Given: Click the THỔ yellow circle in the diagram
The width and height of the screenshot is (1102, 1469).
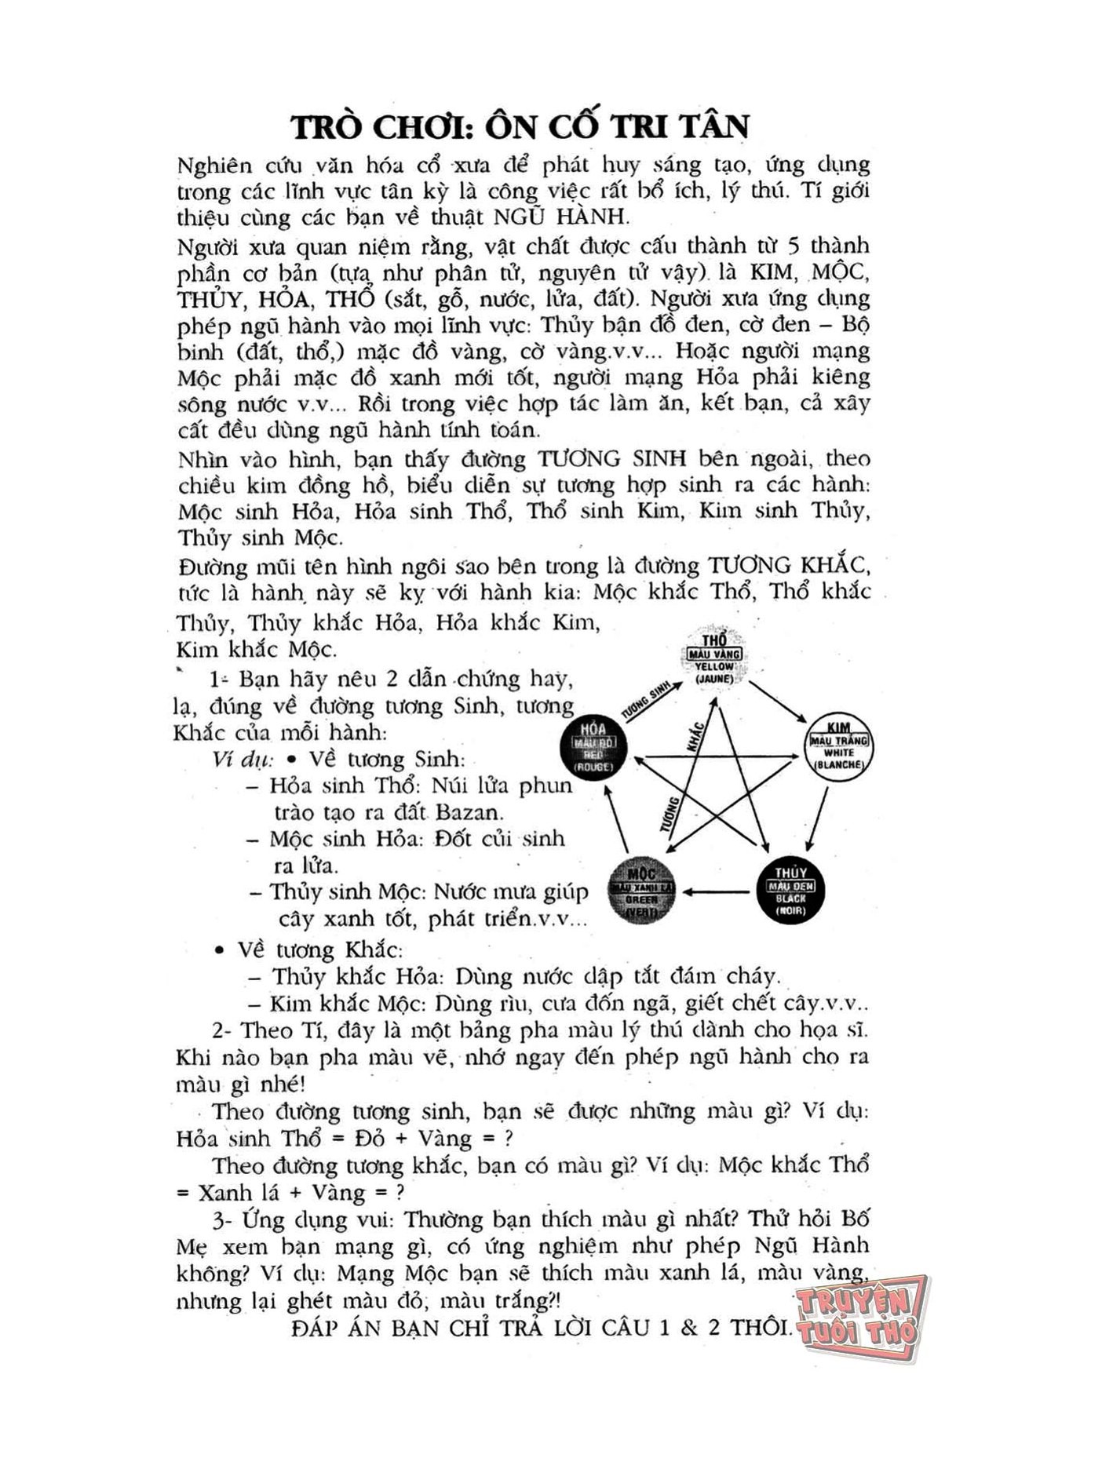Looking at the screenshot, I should tap(714, 657).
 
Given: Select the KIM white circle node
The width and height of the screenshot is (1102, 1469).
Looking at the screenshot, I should tap(839, 747).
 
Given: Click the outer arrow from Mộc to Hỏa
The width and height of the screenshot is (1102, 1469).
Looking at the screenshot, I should tap(615, 820).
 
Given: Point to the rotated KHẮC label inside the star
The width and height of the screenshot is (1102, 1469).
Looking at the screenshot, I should tap(694, 738).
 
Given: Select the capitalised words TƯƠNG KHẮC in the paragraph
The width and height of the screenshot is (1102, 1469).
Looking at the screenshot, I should tap(788, 566).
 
